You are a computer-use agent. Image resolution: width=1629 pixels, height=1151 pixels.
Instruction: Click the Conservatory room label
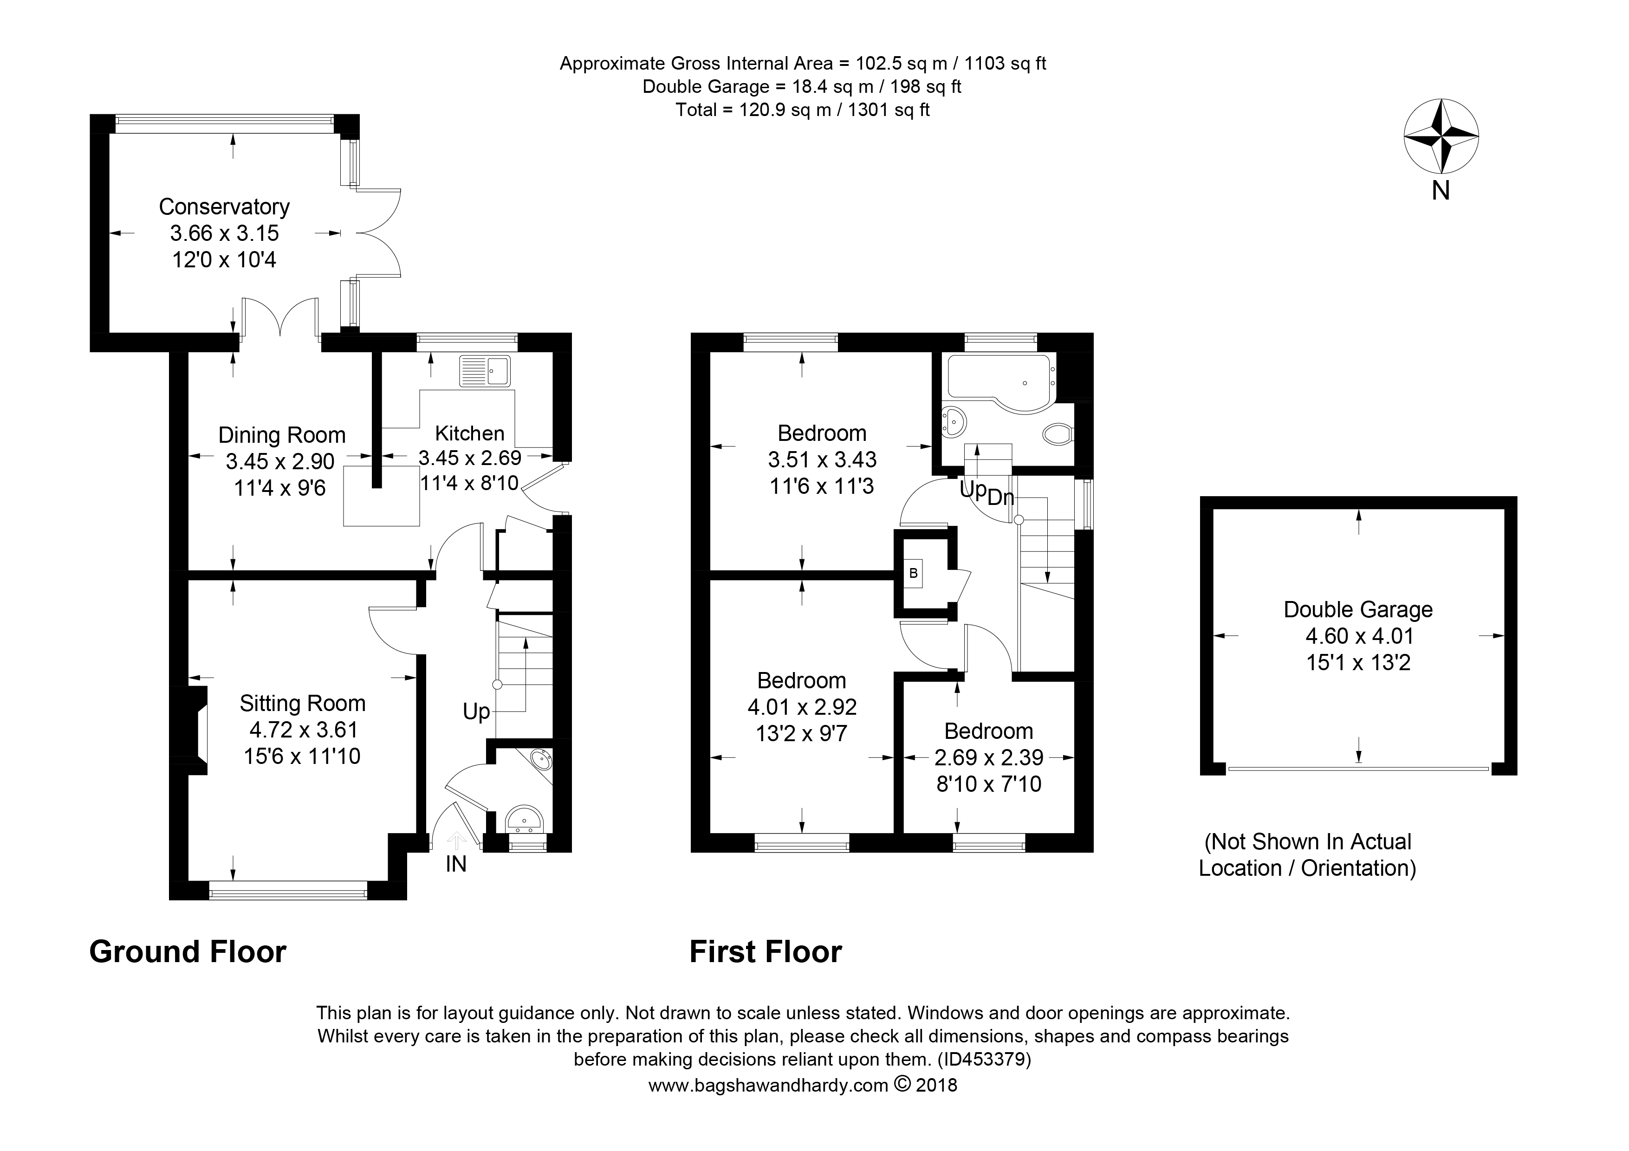[x=224, y=207]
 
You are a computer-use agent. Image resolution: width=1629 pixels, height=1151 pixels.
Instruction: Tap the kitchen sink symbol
[x=485, y=371]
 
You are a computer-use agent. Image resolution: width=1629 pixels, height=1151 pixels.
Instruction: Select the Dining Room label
[x=282, y=435]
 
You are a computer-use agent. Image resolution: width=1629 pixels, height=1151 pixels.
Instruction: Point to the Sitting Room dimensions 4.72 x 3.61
[x=303, y=729]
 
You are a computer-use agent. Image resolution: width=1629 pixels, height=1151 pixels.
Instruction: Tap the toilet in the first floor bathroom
[x=1059, y=433]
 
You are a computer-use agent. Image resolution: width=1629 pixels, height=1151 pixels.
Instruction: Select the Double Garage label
[x=1358, y=609]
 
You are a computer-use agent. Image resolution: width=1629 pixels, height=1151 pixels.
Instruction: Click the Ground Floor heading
[x=188, y=952]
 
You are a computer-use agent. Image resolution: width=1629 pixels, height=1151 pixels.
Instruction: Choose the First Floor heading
[x=766, y=952]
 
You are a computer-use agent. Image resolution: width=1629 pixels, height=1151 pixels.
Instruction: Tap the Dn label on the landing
[x=1000, y=497]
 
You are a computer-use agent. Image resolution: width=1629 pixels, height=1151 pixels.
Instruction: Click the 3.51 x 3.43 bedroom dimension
[x=822, y=459]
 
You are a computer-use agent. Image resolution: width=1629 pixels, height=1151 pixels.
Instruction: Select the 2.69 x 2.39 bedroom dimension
[x=988, y=757]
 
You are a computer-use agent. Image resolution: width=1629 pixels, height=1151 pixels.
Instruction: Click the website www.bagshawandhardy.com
[x=768, y=1085]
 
